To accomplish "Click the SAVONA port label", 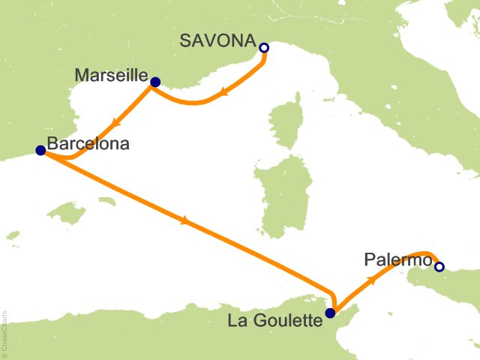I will pyautogui.click(x=217, y=41).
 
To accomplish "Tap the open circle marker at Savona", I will pyautogui.click(x=263, y=48).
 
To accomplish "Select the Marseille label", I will pyautogui.click(x=112, y=75).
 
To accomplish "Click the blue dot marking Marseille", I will pyautogui.click(x=154, y=82).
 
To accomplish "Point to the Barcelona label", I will pyautogui.click(x=87, y=143).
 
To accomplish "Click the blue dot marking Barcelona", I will pyautogui.click(x=40, y=151).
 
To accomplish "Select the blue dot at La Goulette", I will pyautogui.click(x=329, y=313).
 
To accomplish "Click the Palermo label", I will pyautogui.click(x=398, y=260).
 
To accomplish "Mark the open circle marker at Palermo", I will pyautogui.click(x=439, y=266).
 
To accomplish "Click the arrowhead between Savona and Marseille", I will pyautogui.click(x=223, y=94).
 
